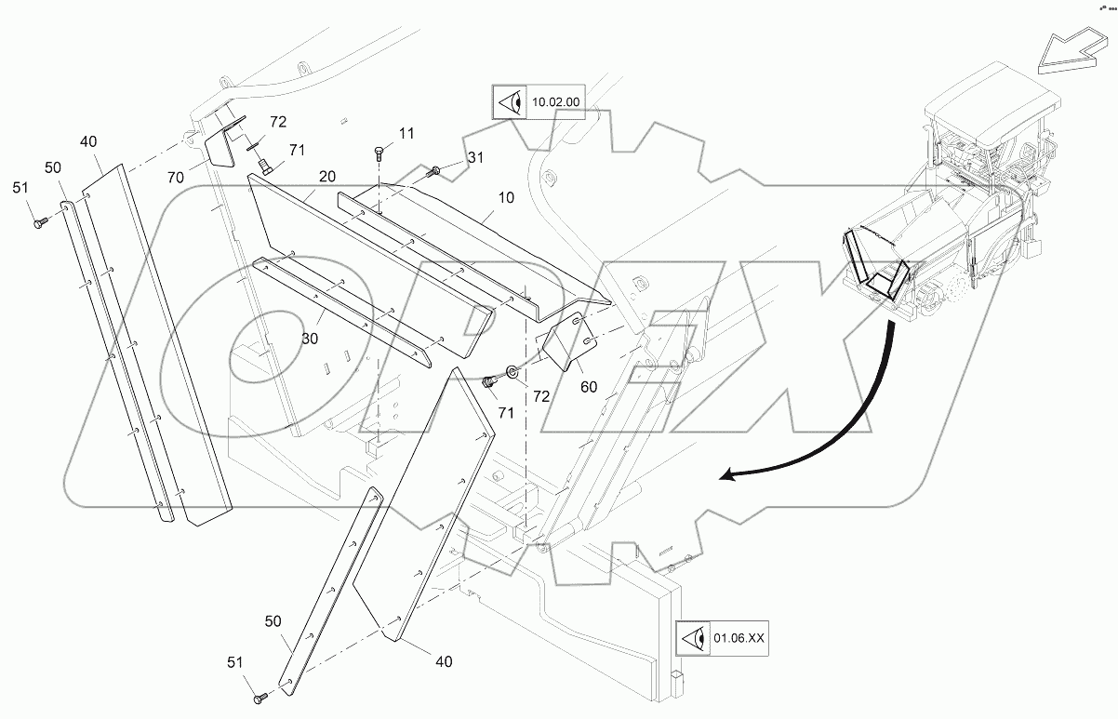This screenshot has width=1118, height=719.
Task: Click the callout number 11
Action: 406,134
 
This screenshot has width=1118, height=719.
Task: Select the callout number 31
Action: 475,158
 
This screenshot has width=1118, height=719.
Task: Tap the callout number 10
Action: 506,199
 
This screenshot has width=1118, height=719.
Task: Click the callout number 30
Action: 309,340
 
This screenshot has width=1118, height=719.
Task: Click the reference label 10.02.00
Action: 554,101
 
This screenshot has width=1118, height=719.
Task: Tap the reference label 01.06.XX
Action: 739,638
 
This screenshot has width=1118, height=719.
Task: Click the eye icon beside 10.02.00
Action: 508,101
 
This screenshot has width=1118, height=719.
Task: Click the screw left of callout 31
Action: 435,170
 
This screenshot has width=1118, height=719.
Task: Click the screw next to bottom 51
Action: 260,694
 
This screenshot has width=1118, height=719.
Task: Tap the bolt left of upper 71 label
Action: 264,166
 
